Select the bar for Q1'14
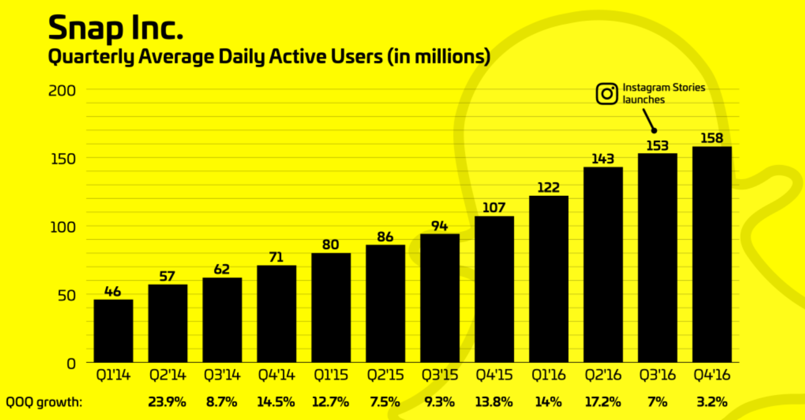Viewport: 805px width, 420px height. pyautogui.click(x=113, y=331)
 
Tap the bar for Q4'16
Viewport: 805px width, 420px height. pyautogui.click(x=712, y=255)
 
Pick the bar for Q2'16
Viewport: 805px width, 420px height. pyautogui.click(x=603, y=265)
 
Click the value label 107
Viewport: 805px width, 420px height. pyautogui.click(x=494, y=208)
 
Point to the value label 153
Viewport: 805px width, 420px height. pyautogui.click(x=657, y=146)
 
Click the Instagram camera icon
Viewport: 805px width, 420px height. pyautogui.click(x=607, y=94)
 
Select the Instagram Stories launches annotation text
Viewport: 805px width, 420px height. pyautogui.click(x=664, y=94)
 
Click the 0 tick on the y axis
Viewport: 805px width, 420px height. pyautogui.click(x=71, y=363)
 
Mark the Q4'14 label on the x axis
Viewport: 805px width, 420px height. pyautogui.click(x=276, y=375)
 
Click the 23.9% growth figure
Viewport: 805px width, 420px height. pyautogui.click(x=167, y=402)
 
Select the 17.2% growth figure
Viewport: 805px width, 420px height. pyautogui.click(x=603, y=402)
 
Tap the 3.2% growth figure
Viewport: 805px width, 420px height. pyautogui.click(x=712, y=402)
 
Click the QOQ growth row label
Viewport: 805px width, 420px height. pyautogui.click(x=44, y=403)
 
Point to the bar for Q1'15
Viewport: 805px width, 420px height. pyautogui.click(x=331, y=308)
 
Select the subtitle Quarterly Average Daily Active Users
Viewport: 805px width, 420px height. pyautogui.click(x=268, y=56)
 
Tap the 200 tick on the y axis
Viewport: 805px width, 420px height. pyautogui.click(x=62, y=90)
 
